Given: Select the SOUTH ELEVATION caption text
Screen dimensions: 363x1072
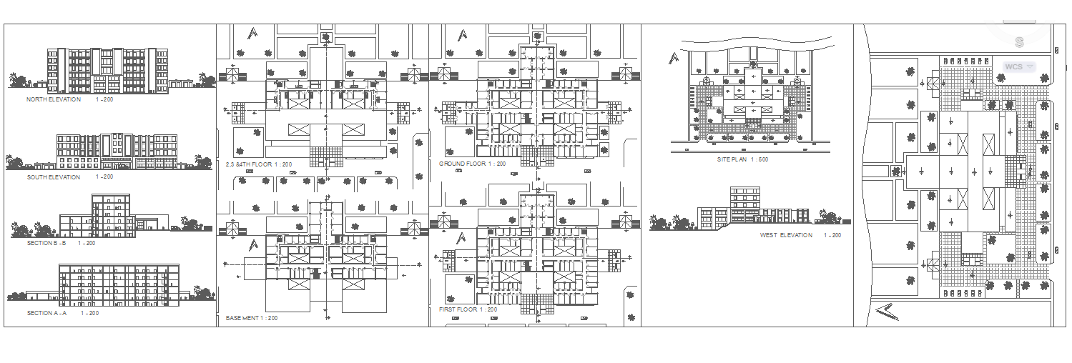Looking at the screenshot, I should pyautogui.click(x=54, y=177).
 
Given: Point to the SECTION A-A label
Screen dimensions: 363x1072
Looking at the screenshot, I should pyautogui.click(x=47, y=313).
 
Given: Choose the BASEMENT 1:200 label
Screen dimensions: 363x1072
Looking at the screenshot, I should pyautogui.click(x=252, y=317).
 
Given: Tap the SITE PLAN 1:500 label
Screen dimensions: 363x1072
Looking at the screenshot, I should pyautogui.click(x=742, y=159).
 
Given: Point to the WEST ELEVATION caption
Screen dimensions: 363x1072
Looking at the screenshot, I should pyautogui.click(x=786, y=235).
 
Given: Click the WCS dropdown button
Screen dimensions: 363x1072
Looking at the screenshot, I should pyautogui.click(x=1018, y=66).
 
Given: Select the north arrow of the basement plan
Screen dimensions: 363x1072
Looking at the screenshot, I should pyautogui.click(x=252, y=245).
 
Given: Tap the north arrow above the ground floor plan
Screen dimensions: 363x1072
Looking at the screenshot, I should pyautogui.click(x=463, y=34).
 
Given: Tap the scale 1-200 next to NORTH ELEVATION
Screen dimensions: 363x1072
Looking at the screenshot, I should pyautogui.click(x=104, y=100).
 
